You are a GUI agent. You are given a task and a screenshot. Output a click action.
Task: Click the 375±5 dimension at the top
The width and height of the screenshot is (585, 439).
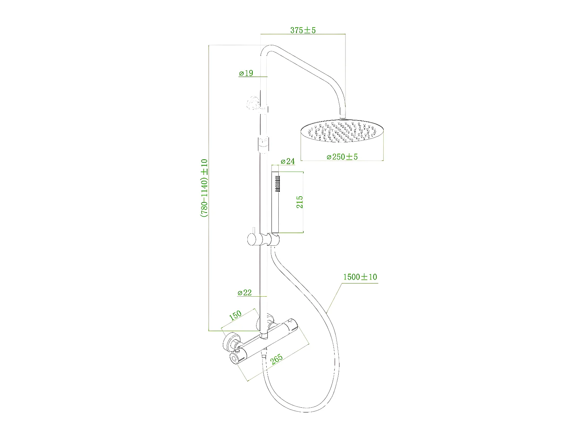(302, 30)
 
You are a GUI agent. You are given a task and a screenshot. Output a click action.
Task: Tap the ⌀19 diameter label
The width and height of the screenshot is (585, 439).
(246, 73)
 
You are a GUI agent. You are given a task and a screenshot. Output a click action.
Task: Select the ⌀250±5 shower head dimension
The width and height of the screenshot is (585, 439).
(342, 156)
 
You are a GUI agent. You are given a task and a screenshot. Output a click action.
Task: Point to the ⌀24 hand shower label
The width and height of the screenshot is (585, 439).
(287, 161)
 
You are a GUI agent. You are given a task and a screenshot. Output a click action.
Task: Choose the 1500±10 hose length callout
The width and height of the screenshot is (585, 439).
(359, 277)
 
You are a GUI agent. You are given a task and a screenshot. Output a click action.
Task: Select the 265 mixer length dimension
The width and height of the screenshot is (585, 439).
(276, 360)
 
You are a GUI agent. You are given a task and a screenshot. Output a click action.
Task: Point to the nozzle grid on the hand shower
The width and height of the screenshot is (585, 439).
(277, 183)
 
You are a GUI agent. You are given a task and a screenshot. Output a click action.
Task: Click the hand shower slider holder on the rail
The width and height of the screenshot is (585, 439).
(273, 239)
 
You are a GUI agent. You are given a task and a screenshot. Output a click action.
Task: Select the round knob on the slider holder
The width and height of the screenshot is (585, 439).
(251, 239)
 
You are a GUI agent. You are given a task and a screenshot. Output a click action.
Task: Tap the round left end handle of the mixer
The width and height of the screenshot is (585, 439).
(236, 359)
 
